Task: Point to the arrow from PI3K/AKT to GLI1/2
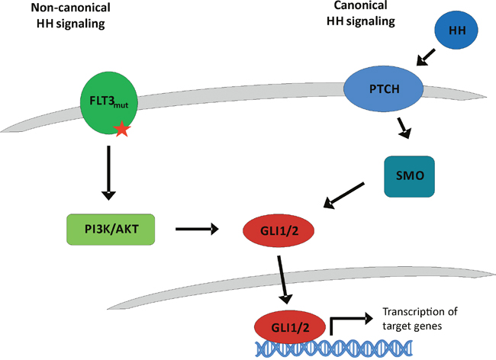point(197,228)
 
